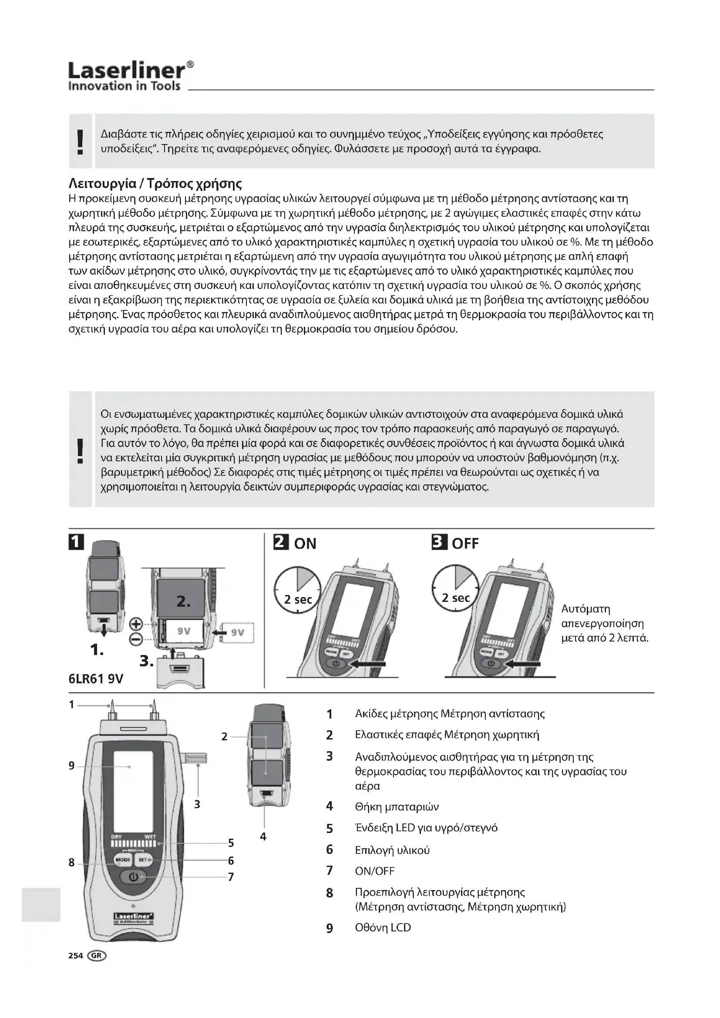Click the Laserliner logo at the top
point(131,76)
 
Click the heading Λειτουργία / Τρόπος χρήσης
point(155,183)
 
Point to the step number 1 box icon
point(76,542)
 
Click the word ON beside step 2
point(305,544)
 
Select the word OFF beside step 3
point(465,544)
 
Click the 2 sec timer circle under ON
point(297,588)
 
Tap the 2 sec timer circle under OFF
point(455,588)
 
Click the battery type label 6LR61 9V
point(96,679)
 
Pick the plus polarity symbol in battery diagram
point(136,625)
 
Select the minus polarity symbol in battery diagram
point(136,639)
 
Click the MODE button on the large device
point(123,860)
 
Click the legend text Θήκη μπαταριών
point(397,806)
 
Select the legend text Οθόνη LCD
point(383,927)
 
